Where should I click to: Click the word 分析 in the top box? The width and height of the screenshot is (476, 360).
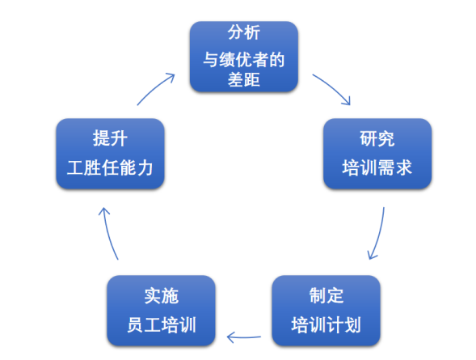(244, 32)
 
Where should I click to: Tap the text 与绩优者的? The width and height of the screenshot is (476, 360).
(244, 60)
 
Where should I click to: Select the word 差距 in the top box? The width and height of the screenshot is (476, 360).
(244, 79)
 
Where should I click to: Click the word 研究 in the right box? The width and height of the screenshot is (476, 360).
(377, 139)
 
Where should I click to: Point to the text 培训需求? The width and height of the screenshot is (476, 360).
(377, 167)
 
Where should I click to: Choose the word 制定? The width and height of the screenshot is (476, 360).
(326, 295)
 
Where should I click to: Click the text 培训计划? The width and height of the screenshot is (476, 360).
(326, 324)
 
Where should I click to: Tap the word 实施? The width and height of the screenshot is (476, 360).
(161, 295)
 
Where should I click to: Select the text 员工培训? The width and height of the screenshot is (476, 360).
(161, 324)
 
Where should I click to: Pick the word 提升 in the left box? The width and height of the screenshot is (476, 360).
(110, 138)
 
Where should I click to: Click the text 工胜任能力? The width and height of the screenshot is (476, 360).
(110, 167)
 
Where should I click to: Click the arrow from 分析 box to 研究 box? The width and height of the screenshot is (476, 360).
(333, 87)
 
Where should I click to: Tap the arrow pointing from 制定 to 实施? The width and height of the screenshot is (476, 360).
(244, 337)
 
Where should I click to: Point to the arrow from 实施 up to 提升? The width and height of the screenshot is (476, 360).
(109, 234)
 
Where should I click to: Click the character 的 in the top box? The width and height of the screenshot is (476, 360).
(277, 60)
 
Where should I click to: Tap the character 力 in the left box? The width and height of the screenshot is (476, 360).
(145, 167)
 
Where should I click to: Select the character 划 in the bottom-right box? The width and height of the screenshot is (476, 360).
(352, 324)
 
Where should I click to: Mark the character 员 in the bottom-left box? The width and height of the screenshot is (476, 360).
(135, 324)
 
